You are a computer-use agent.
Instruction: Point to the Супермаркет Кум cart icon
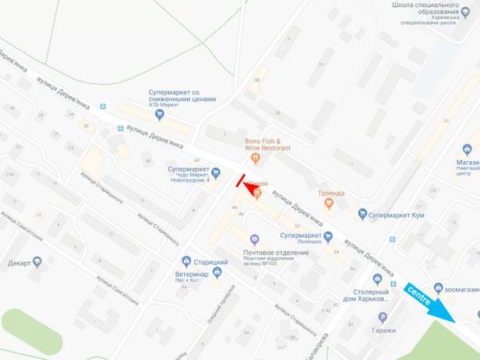click(352, 213)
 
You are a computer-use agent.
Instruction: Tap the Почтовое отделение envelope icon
click(253, 240)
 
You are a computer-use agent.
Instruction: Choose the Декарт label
click(19, 262)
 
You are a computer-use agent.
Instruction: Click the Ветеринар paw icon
click(216, 273)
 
